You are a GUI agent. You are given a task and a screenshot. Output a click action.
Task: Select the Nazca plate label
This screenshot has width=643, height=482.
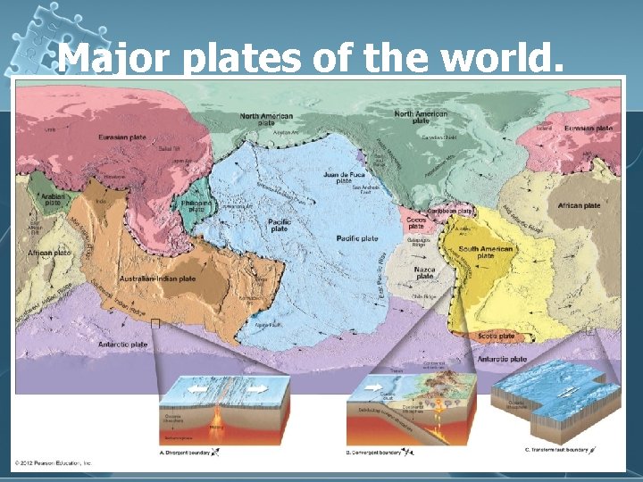pyautogui.click(x=424, y=270)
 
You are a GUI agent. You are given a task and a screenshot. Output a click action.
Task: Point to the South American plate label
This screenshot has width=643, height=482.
pyautogui.click(x=485, y=252)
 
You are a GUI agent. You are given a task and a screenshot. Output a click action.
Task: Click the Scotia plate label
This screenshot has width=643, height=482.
pyautogui.click(x=497, y=337)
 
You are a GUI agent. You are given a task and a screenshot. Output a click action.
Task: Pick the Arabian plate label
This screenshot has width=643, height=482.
pyautogui.click(x=53, y=199)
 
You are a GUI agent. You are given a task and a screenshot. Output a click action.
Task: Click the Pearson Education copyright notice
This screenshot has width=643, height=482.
pyautogui.click(x=53, y=463)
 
